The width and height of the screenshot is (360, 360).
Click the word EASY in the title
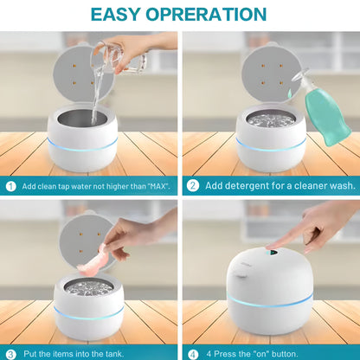click(122, 15)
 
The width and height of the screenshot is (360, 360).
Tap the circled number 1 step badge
click(11, 186)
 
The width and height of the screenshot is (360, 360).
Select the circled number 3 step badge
click(11, 353)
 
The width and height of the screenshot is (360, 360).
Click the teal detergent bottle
click(329, 117)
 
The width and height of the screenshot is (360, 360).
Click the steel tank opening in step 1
click(82, 118)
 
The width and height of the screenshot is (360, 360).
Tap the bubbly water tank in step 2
click(269, 119)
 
